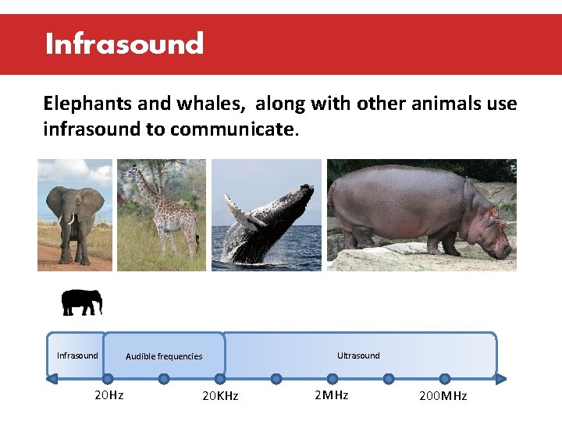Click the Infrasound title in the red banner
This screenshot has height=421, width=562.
pyautogui.click(x=124, y=44)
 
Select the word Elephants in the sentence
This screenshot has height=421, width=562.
pyautogui.click(x=83, y=104)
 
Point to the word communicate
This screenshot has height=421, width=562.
pyautogui.click(x=233, y=129)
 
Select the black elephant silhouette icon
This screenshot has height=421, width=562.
pyautogui.click(x=82, y=302)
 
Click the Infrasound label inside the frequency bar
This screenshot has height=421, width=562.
pyautogui.click(x=77, y=356)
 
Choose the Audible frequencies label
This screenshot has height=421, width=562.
pyautogui.click(x=164, y=356)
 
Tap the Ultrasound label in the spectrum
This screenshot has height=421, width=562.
pyautogui.click(x=358, y=356)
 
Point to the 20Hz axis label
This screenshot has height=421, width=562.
pyautogui.click(x=108, y=395)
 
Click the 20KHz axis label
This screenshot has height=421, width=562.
pyautogui.click(x=220, y=396)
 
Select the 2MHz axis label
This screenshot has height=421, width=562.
pyautogui.click(x=331, y=395)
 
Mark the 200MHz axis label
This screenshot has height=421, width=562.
pyautogui.click(x=443, y=396)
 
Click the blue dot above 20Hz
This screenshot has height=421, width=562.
pyautogui.click(x=108, y=379)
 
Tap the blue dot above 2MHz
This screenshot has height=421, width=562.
pyautogui.click(x=332, y=379)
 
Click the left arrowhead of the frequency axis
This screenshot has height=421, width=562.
pyautogui.click(x=52, y=380)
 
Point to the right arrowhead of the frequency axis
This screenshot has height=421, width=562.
pyautogui.click(x=501, y=380)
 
